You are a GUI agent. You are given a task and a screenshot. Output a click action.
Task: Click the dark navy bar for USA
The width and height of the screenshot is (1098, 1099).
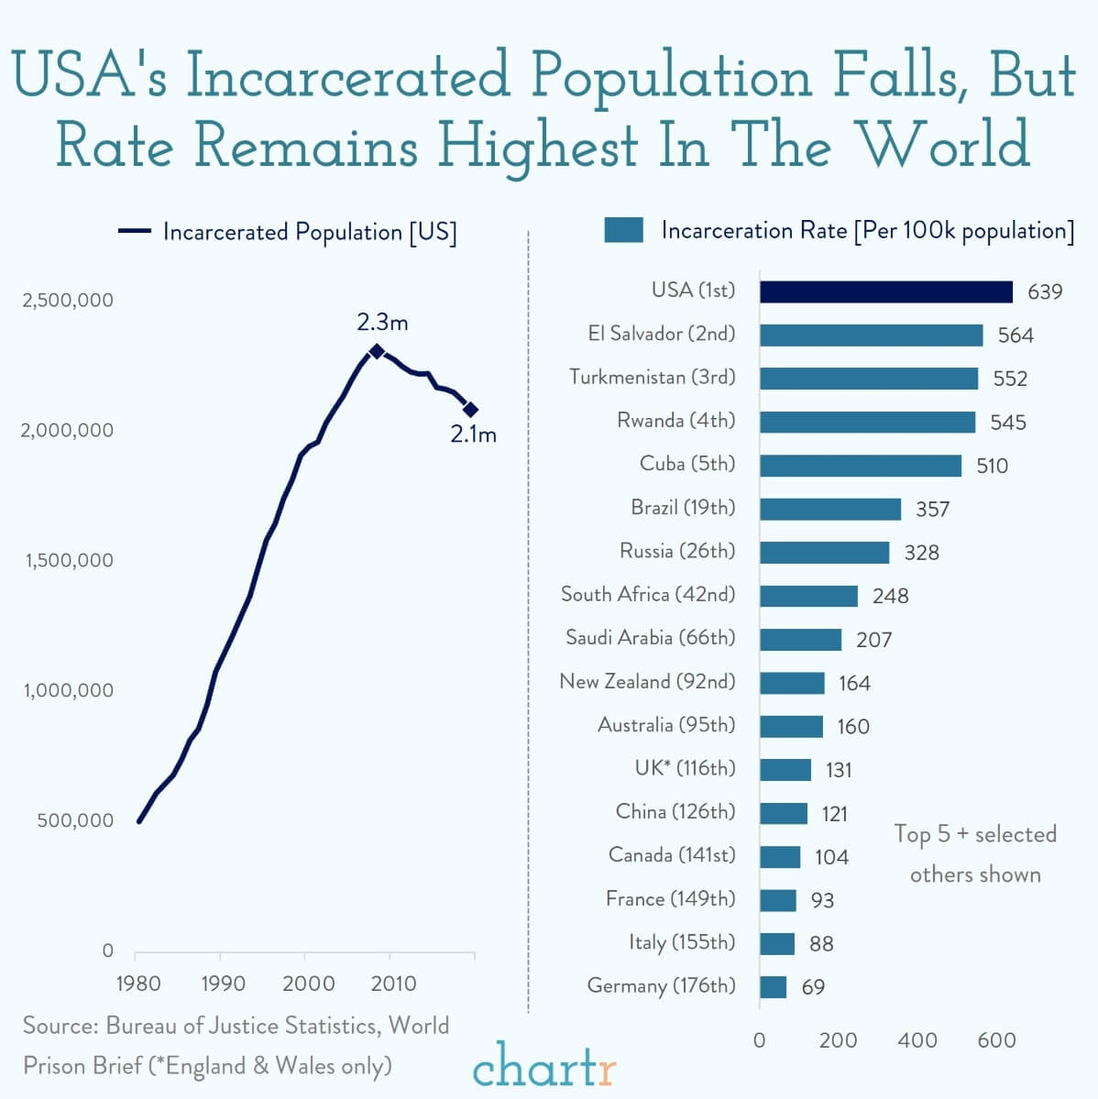[x=885, y=291]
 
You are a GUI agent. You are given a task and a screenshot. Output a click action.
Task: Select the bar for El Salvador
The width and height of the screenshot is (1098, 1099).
[x=871, y=335]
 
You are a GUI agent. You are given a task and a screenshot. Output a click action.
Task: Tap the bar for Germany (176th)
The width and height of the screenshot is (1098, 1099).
[x=773, y=987]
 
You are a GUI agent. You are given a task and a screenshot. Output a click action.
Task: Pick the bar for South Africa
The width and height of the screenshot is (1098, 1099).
[x=808, y=596]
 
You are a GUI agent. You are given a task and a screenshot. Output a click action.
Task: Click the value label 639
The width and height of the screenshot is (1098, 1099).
[x=1044, y=291]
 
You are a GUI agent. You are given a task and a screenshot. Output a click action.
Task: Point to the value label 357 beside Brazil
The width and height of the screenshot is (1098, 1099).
[x=932, y=509]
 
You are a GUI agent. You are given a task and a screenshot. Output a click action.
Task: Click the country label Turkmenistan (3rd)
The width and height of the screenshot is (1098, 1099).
[x=652, y=377]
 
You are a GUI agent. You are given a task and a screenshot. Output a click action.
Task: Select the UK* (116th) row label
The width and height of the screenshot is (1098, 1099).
[x=685, y=768]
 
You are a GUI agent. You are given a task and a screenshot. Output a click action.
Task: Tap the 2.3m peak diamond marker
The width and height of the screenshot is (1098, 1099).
[x=376, y=351]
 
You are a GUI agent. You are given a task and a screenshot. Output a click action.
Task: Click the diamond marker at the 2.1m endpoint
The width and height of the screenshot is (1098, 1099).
[x=470, y=409]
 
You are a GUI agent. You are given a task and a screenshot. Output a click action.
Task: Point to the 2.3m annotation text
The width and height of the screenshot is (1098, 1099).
[x=382, y=323]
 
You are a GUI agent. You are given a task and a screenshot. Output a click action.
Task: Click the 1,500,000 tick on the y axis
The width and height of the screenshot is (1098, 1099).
[x=69, y=560]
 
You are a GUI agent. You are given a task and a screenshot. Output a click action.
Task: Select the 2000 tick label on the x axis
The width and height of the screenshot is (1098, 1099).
[x=308, y=984]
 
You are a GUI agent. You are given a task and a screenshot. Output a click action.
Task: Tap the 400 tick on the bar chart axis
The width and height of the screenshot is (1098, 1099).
[x=917, y=1039]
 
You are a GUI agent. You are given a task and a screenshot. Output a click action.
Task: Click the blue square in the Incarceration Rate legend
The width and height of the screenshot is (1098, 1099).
[x=623, y=230]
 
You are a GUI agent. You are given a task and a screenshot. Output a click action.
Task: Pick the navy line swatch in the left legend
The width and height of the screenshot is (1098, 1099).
[x=134, y=232]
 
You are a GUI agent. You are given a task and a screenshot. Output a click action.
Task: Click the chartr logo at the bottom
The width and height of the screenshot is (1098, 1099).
[x=544, y=1066]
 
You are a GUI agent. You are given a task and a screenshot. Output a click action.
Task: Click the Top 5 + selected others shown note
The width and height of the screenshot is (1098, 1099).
[x=974, y=853]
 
